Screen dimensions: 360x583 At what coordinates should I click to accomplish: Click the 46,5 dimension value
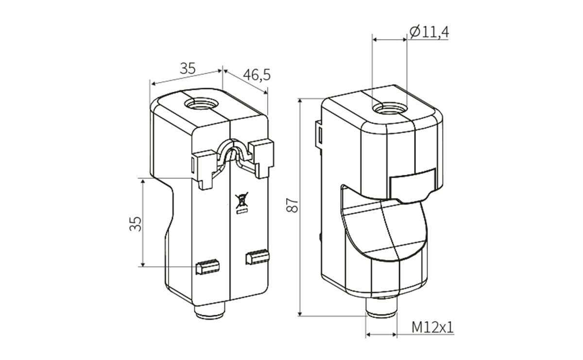click(x=257, y=75)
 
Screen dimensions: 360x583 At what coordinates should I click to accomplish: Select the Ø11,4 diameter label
click(x=429, y=32)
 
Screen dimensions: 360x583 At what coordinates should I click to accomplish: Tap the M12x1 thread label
click(x=432, y=327)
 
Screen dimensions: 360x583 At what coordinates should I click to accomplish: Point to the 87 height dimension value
click(x=291, y=206)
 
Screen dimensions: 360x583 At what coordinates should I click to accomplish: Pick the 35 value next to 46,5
click(x=188, y=69)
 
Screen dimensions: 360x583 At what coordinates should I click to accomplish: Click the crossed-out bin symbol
click(x=240, y=200)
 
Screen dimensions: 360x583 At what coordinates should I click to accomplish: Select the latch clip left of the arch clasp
click(x=205, y=167)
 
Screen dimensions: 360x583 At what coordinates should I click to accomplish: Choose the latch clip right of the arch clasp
click(x=262, y=156)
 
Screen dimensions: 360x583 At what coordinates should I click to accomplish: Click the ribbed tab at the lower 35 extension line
click(x=207, y=266)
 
